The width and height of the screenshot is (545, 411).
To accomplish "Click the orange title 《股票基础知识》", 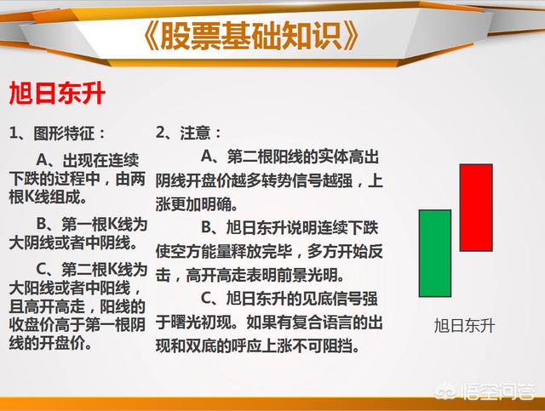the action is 250,36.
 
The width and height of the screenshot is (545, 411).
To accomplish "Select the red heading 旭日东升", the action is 57,94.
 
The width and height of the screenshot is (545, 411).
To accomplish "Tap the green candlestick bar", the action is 435,254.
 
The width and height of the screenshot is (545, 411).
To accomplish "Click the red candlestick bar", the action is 476,208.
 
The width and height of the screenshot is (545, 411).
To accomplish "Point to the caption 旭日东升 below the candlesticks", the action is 464,326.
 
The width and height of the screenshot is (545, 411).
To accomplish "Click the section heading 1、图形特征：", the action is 57,133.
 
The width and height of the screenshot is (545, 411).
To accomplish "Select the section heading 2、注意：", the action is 188,133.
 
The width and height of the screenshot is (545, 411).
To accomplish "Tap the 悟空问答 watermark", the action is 486,391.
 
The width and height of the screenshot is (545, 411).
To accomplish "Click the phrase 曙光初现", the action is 201,323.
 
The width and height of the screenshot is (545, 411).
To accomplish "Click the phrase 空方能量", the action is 201,252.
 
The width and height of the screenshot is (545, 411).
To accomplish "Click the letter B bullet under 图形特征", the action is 42,224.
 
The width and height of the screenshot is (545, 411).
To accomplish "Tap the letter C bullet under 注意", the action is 207,299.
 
